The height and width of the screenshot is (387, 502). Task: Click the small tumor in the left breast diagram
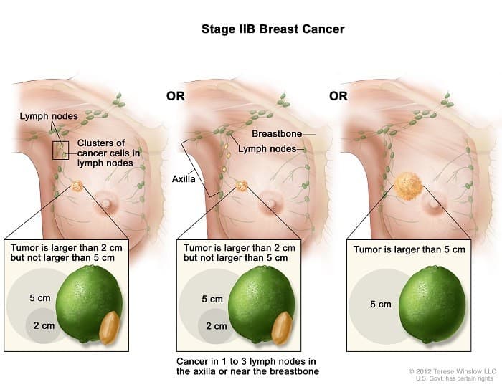coord(77,187)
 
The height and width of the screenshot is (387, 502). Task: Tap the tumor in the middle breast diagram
coord(242,186)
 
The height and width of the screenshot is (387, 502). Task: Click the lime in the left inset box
coord(90,303)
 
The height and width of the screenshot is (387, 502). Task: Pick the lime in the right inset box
coord(427,304)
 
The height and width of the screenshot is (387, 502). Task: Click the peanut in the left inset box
coord(110,328)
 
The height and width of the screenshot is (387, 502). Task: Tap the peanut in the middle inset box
coord(281,328)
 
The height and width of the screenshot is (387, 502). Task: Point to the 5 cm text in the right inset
coord(380,304)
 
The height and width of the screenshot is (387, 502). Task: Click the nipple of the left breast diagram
coord(106,203)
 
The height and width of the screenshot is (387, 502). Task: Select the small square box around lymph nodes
coord(61,150)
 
